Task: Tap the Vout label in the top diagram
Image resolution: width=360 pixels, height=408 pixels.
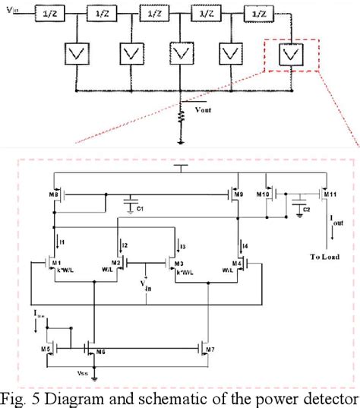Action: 204,109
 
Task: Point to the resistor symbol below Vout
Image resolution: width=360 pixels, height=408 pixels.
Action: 180,119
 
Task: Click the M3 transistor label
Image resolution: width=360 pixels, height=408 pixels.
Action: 179,263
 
